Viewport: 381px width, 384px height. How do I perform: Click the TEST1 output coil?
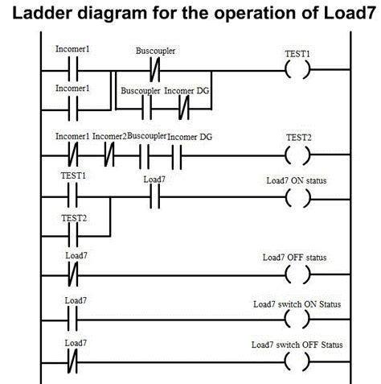297,72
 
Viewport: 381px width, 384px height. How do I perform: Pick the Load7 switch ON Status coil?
297,319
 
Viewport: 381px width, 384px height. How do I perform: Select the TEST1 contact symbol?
73,193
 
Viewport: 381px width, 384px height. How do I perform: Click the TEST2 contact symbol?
73,233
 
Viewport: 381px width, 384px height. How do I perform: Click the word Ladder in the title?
70,14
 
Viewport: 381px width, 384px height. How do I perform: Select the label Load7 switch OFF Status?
297,345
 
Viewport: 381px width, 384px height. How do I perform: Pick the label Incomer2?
109,137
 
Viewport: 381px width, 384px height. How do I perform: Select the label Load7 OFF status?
294,258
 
